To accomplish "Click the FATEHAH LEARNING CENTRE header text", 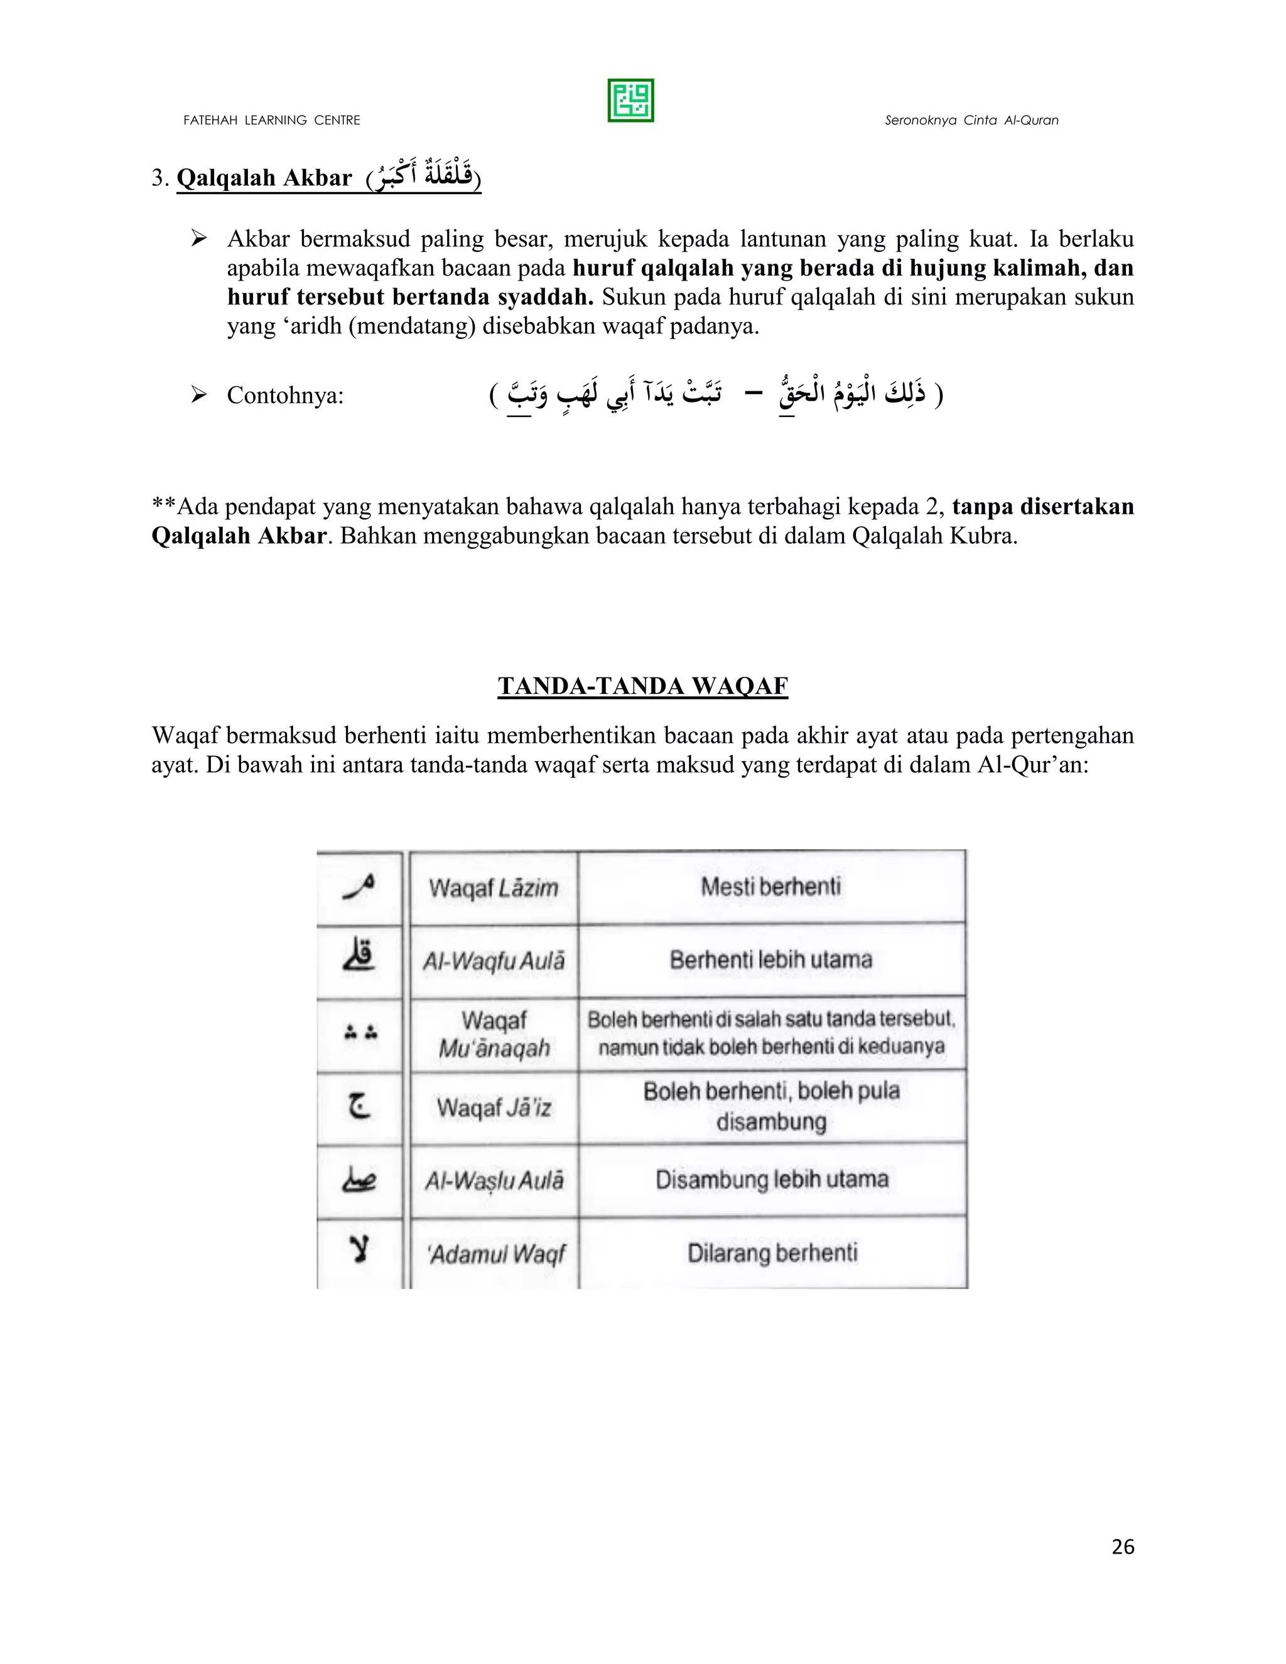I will (x=271, y=121).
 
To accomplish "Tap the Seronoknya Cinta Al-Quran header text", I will (x=971, y=121).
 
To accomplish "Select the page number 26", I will (x=1122, y=1547).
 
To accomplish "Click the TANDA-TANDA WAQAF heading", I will (x=642, y=686).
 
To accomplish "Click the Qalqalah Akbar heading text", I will (x=264, y=178).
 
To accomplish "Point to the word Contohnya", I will (x=285, y=396).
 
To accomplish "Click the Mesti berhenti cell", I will (x=770, y=886).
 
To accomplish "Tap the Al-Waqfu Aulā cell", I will (x=493, y=961).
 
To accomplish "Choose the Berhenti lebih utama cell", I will (x=770, y=959).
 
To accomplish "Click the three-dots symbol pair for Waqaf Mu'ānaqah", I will (x=360, y=1033).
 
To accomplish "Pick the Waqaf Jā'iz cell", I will (x=493, y=1107).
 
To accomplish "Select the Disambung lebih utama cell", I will (x=771, y=1179).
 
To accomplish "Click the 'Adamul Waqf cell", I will (x=496, y=1253).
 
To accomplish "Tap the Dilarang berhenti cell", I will (x=772, y=1253).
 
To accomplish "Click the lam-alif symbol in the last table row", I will (x=359, y=1249).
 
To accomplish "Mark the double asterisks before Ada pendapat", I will (x=164, y=506).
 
